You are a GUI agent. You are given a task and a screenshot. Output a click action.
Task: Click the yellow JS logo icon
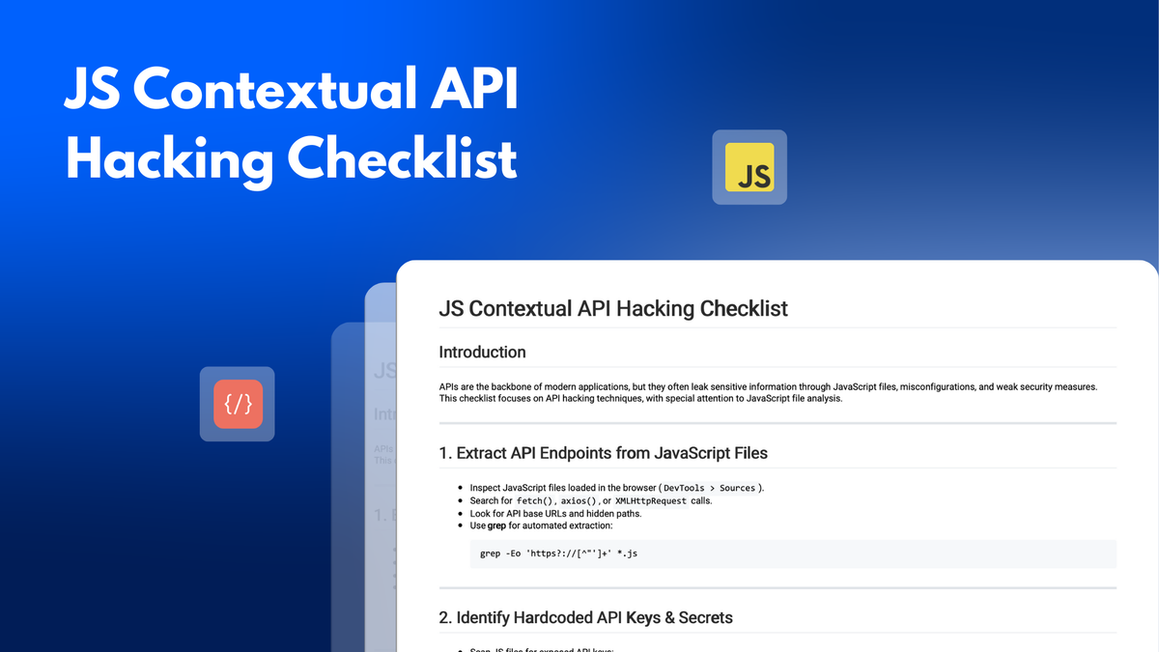(749, 167)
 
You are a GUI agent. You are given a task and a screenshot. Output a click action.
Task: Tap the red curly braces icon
(238, 404)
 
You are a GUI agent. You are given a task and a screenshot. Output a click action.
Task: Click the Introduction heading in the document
(482, 353)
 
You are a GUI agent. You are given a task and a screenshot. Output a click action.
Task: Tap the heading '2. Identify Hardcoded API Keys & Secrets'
(594, 617)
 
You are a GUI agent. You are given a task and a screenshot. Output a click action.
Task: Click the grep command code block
(792, 553)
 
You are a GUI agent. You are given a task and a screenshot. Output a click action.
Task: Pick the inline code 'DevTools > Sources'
(709, 488)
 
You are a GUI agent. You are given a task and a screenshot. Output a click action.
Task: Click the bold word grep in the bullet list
(496, 526)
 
